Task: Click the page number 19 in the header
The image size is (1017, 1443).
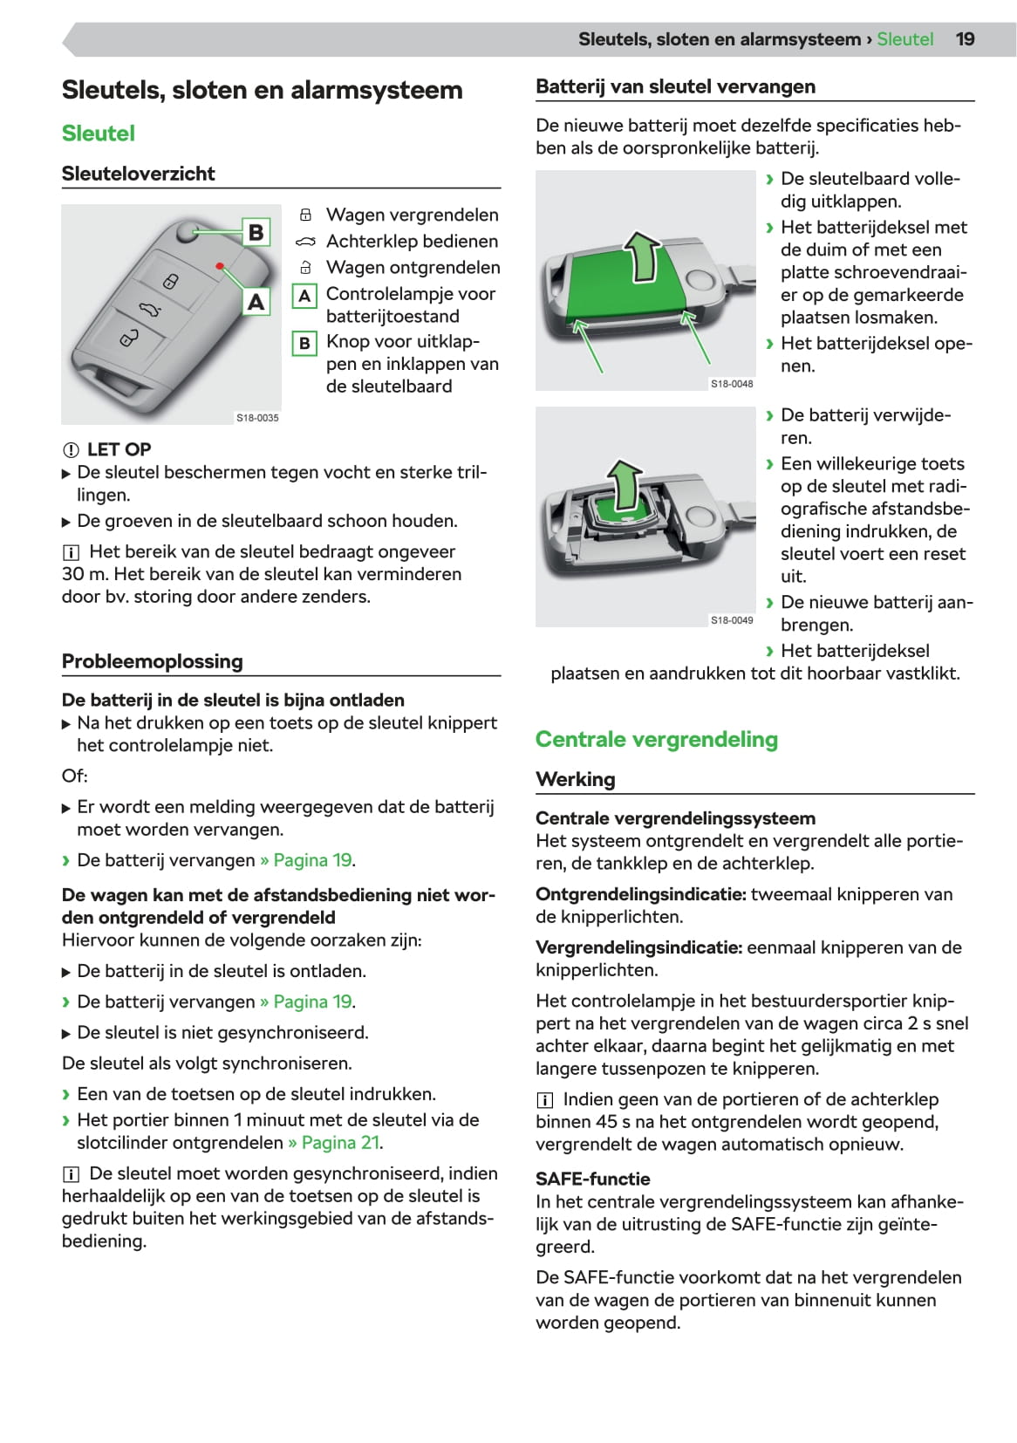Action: point(965,39)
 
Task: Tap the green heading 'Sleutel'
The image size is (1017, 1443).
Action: point(99,133)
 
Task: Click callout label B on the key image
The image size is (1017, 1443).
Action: point(256,232)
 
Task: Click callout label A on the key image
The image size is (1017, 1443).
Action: point(256,302)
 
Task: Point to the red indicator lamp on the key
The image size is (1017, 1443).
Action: point(220,265)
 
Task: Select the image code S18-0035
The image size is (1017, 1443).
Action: point(257,418)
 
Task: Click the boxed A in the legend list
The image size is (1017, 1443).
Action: point(304,296)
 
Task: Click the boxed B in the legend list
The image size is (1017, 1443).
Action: point(304,343)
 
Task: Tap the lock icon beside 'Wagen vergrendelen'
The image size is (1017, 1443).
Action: point(305,215)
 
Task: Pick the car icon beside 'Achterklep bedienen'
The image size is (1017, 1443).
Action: point(305,242)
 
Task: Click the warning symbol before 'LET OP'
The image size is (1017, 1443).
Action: point(71,450)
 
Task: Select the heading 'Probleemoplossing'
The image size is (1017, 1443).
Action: point(153,661)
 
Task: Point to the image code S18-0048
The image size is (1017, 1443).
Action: point(732,384)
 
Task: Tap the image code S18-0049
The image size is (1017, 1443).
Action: point(732,620)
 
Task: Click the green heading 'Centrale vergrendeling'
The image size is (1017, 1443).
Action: point(657,740)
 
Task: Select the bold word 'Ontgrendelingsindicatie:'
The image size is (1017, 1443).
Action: point(640,894)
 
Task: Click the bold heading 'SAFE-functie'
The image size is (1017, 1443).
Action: point(593,1179)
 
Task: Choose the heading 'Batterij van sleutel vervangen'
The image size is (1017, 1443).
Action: point(676,86)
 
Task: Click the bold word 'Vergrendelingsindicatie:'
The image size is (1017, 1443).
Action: point(638,947)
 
